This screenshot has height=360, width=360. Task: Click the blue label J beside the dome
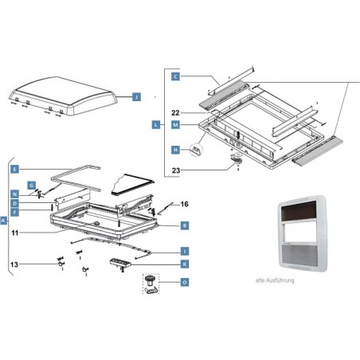click(x=136, y=96)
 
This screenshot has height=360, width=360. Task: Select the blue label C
click(x=175, y=76)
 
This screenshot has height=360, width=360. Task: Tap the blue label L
click(x=155, y=125)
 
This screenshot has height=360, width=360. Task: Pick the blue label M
click(x=175, y=125)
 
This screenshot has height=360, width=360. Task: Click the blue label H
click(x=175, y=149)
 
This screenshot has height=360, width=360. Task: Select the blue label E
click(x=14, y=170)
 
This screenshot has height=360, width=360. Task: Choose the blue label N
click(x=14, y=194)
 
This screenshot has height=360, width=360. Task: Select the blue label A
click(x=4, y=219)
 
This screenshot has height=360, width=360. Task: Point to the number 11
click(x=14, y=232)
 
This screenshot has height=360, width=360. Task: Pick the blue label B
click(x=185, y=226)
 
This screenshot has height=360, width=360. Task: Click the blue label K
click(x=185, y=263)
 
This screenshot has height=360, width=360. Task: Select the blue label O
click(x=185, y=283)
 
